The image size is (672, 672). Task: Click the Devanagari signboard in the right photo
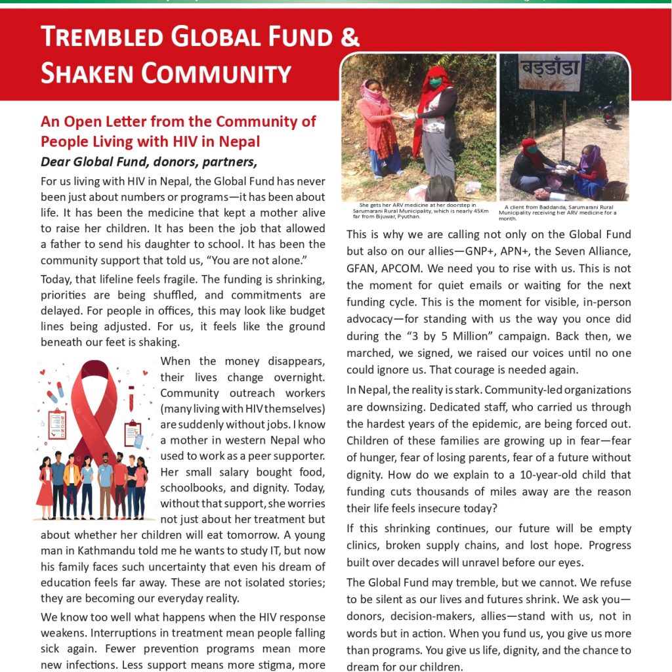550,72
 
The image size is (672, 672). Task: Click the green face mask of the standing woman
434,83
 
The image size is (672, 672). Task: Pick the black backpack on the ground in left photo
440,188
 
